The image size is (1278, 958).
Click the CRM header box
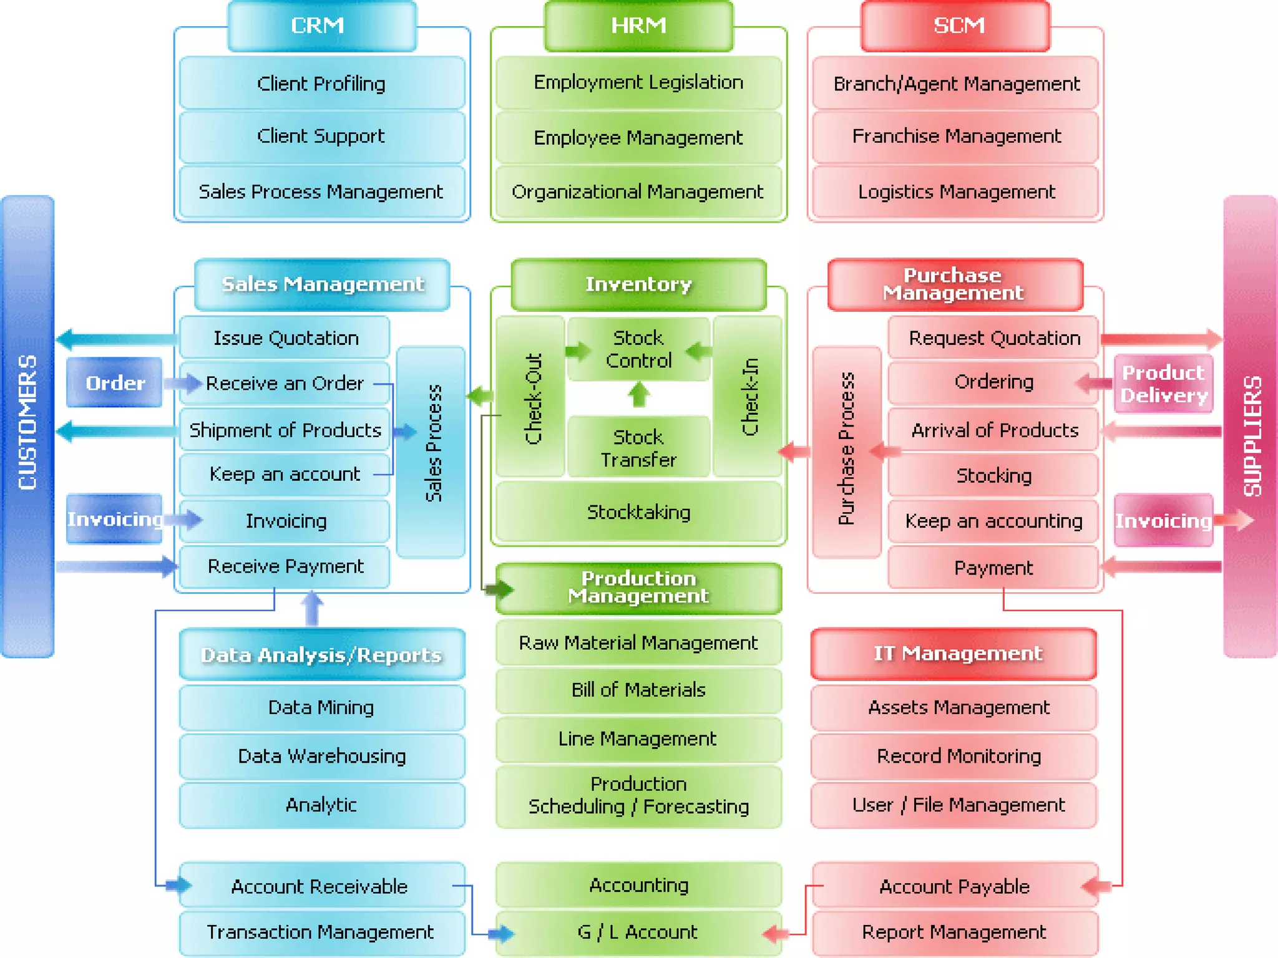321,26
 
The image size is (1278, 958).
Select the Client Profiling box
321,83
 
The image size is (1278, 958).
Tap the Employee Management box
638,137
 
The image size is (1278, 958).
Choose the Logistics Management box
956,191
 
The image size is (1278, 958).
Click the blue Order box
115,382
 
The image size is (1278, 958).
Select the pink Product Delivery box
1163,384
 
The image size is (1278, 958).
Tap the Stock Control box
638,349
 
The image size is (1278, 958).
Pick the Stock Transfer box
638,447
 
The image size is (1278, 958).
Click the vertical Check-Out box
532,397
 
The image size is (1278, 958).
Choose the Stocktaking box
638,512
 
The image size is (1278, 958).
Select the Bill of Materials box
638,690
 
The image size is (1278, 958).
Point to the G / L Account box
638,932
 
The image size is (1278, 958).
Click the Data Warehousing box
321,756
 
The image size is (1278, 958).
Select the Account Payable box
955,886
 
